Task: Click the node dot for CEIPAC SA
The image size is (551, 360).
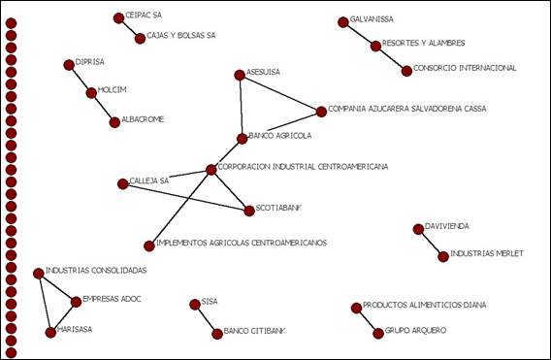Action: (118, 17)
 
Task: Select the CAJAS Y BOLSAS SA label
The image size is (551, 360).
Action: (181, 37)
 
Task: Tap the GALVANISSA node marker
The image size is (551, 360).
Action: (343, 22)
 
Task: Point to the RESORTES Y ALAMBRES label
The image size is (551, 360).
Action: (424, 44)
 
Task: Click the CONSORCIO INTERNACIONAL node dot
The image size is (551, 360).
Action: (406, 70)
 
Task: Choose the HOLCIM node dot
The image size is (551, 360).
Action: (92, 93)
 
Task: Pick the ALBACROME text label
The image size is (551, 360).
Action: (143, 119)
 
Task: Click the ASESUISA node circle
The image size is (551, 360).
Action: (240, 75)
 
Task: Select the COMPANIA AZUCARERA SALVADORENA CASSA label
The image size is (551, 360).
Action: (407, 109)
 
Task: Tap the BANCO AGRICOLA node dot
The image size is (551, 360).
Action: (243, 138)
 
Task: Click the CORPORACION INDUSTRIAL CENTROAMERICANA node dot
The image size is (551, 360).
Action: (211, 170)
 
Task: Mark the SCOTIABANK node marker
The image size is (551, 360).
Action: (249, 210)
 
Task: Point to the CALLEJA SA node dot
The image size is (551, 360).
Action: (123, 183)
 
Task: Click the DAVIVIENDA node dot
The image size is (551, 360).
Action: (418, 229)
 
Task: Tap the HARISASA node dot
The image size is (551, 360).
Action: (50, 332)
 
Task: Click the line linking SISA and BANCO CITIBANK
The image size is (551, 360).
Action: (206, 318)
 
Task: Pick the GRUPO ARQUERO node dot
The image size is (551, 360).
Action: (378, 333)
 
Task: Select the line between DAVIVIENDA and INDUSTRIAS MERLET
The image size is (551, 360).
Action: (431, 243)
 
